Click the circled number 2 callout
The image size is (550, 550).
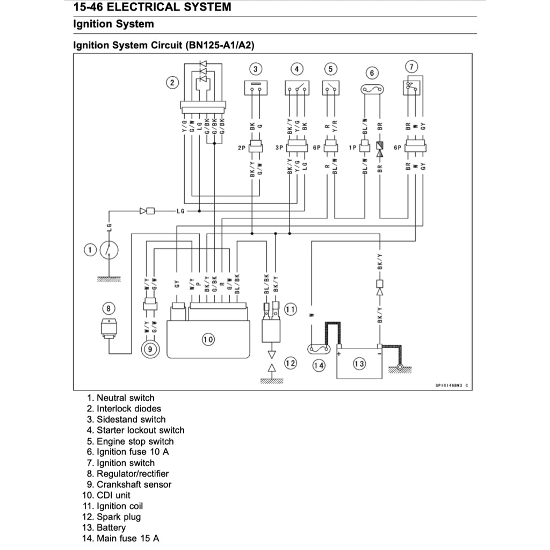click(172, 82)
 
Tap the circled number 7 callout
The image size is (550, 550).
click(411, 67)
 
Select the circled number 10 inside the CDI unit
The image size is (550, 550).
click(208, 339)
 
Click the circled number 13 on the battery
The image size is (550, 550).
click(359, 364)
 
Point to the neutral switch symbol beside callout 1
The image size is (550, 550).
click(109, 250)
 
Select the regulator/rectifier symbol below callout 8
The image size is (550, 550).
click(109, 327)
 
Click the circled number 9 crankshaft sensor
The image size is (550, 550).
click(150, 349)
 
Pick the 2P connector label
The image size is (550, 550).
click(241, 147)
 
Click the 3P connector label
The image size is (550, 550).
click(279, 147)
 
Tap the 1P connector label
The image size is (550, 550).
click(353, 147)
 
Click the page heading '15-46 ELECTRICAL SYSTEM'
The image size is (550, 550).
click(152, 8)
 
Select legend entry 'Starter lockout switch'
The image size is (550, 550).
click(140, 430)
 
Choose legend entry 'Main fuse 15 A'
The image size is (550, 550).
click(128, 538)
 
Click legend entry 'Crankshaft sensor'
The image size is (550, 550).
click(134, 484)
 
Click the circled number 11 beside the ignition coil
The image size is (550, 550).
click(290, 309)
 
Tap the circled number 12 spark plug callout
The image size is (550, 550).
click(290, 364)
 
